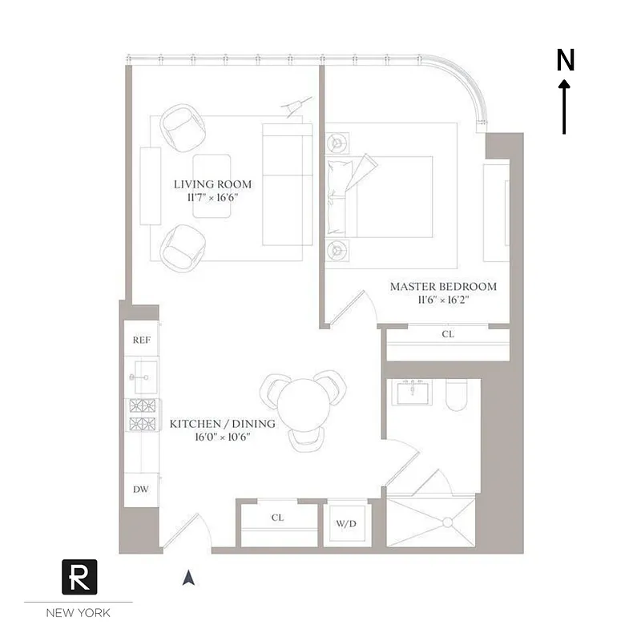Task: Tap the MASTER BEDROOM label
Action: [x=443, y=286]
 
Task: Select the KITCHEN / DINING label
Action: [x=223, y=424]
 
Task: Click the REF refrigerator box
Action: [x=141, y=339]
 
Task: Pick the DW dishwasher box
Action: [x=141, y=489]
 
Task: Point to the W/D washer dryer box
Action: [x=346, y=525]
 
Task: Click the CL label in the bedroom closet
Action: [x=447, y=333]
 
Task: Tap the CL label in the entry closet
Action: [x=277, y=518]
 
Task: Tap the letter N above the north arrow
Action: [x=566, y=60]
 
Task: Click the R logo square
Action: [x=79, y=577]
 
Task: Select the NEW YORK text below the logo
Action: [x=79, y=613]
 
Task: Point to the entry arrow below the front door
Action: [x=188, y=577]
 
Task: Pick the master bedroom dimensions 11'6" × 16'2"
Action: [x=443, y=300]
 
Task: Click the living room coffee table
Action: [x=212, y=184]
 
